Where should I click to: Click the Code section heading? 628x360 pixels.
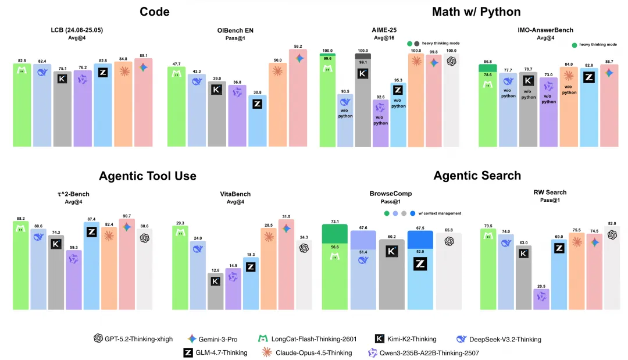[x=155, y=12]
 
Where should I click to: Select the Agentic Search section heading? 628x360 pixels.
[x=477, y=176]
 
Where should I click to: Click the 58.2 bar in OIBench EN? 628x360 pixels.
[x=298, y=99]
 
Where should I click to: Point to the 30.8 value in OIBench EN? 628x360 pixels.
[x=257, y=92]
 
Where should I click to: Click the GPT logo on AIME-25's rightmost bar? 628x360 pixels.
[x=451, y=60]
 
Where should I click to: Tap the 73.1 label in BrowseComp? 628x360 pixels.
[x=335, y=221]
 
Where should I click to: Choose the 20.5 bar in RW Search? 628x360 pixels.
[x=541, y=300]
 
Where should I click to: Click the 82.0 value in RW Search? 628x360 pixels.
[x=612, y=223]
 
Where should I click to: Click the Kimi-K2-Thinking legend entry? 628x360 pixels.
[x=407, y=339]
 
